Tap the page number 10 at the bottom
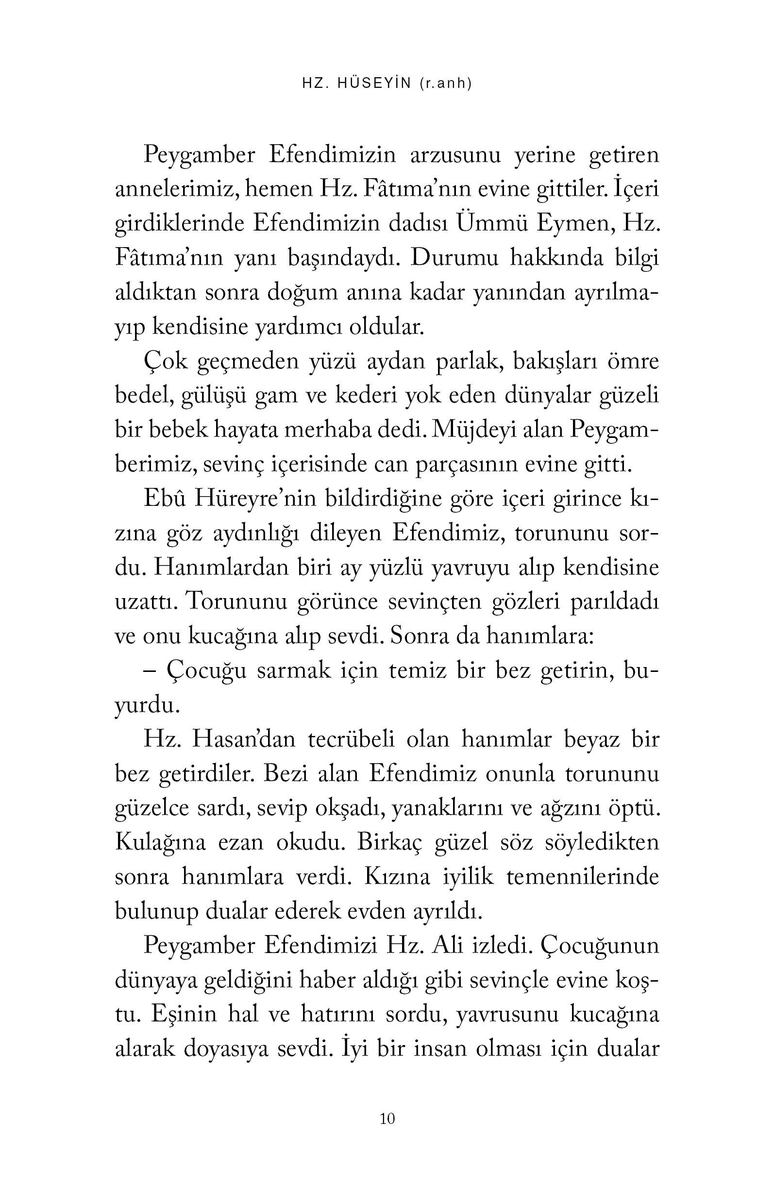[387, 1119]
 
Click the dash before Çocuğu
[150, 671]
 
